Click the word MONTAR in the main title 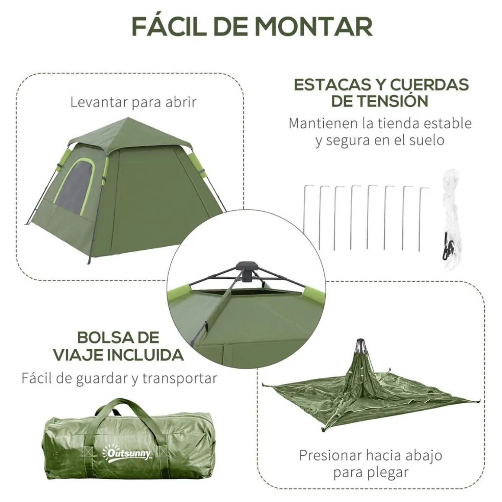click(314, 27)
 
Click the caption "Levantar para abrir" click(133, 103)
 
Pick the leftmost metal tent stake click(307, 217)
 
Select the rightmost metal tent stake click(423, 219)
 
